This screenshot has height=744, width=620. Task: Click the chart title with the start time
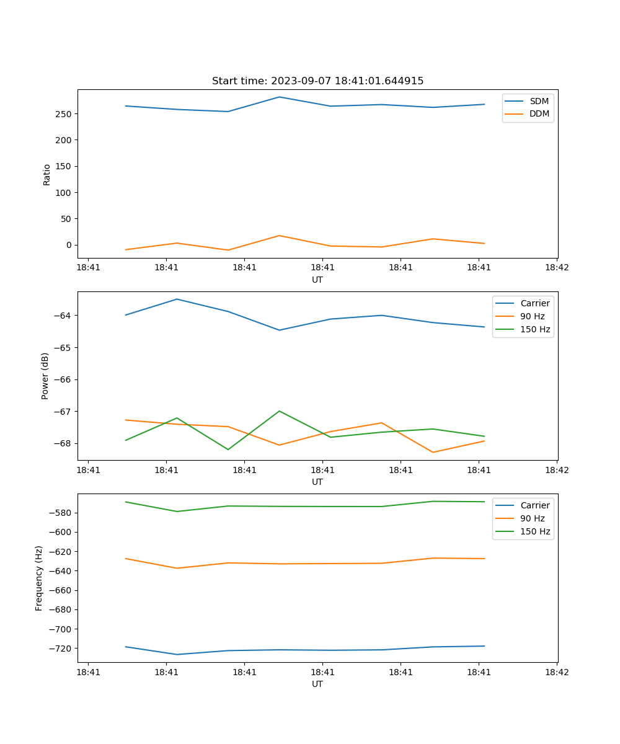tap(317, 81)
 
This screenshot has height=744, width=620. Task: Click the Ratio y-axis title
tap(47, 174)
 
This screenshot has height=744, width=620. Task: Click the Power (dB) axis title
tap(45, 376)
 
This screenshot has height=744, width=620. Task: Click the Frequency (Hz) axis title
tap(39, 578)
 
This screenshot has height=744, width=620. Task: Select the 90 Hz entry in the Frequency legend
tap(532, 518)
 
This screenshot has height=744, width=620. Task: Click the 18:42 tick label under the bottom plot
tap(556, 672)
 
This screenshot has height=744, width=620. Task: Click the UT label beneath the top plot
tap(317, 280)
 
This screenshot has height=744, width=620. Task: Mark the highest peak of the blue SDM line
tap(279, 97)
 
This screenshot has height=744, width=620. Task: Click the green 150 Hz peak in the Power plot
tap(280, 411)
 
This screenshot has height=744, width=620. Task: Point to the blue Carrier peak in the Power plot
tap(177, 299)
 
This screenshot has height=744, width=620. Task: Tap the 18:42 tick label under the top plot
tap(556, 268)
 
